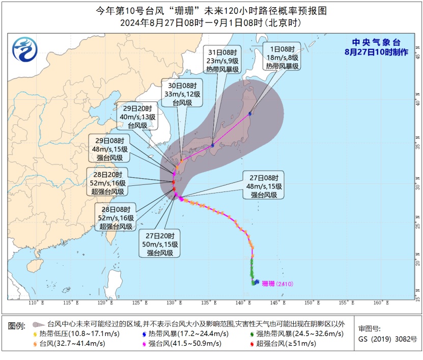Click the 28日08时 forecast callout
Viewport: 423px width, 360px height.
click(x=116, y=217)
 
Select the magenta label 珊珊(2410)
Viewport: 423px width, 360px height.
click(x=277, y=284)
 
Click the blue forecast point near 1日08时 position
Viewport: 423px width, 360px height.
click(x=250, y=114)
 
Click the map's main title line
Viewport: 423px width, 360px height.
click(x=211, y=10)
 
